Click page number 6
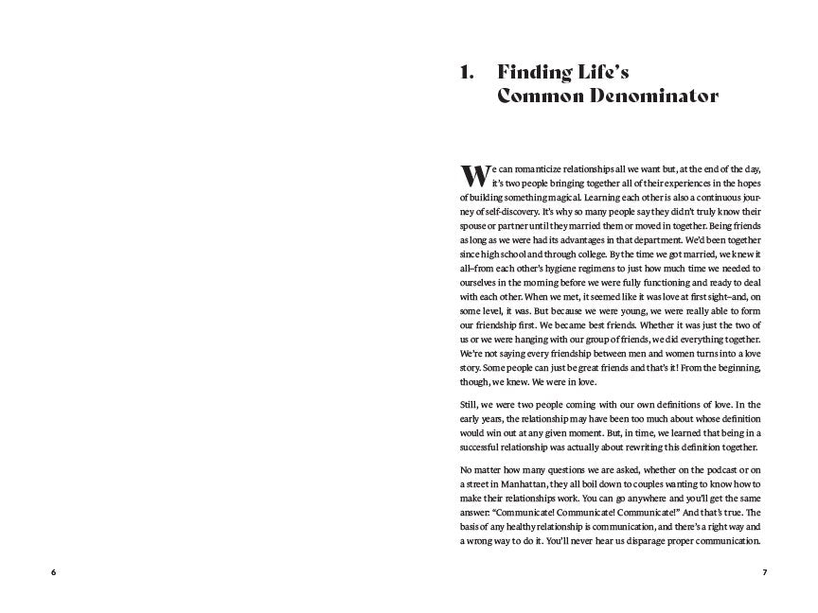click(x=53, y=573)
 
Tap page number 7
click(x=764, y=573)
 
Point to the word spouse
click(x=476, y=226)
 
